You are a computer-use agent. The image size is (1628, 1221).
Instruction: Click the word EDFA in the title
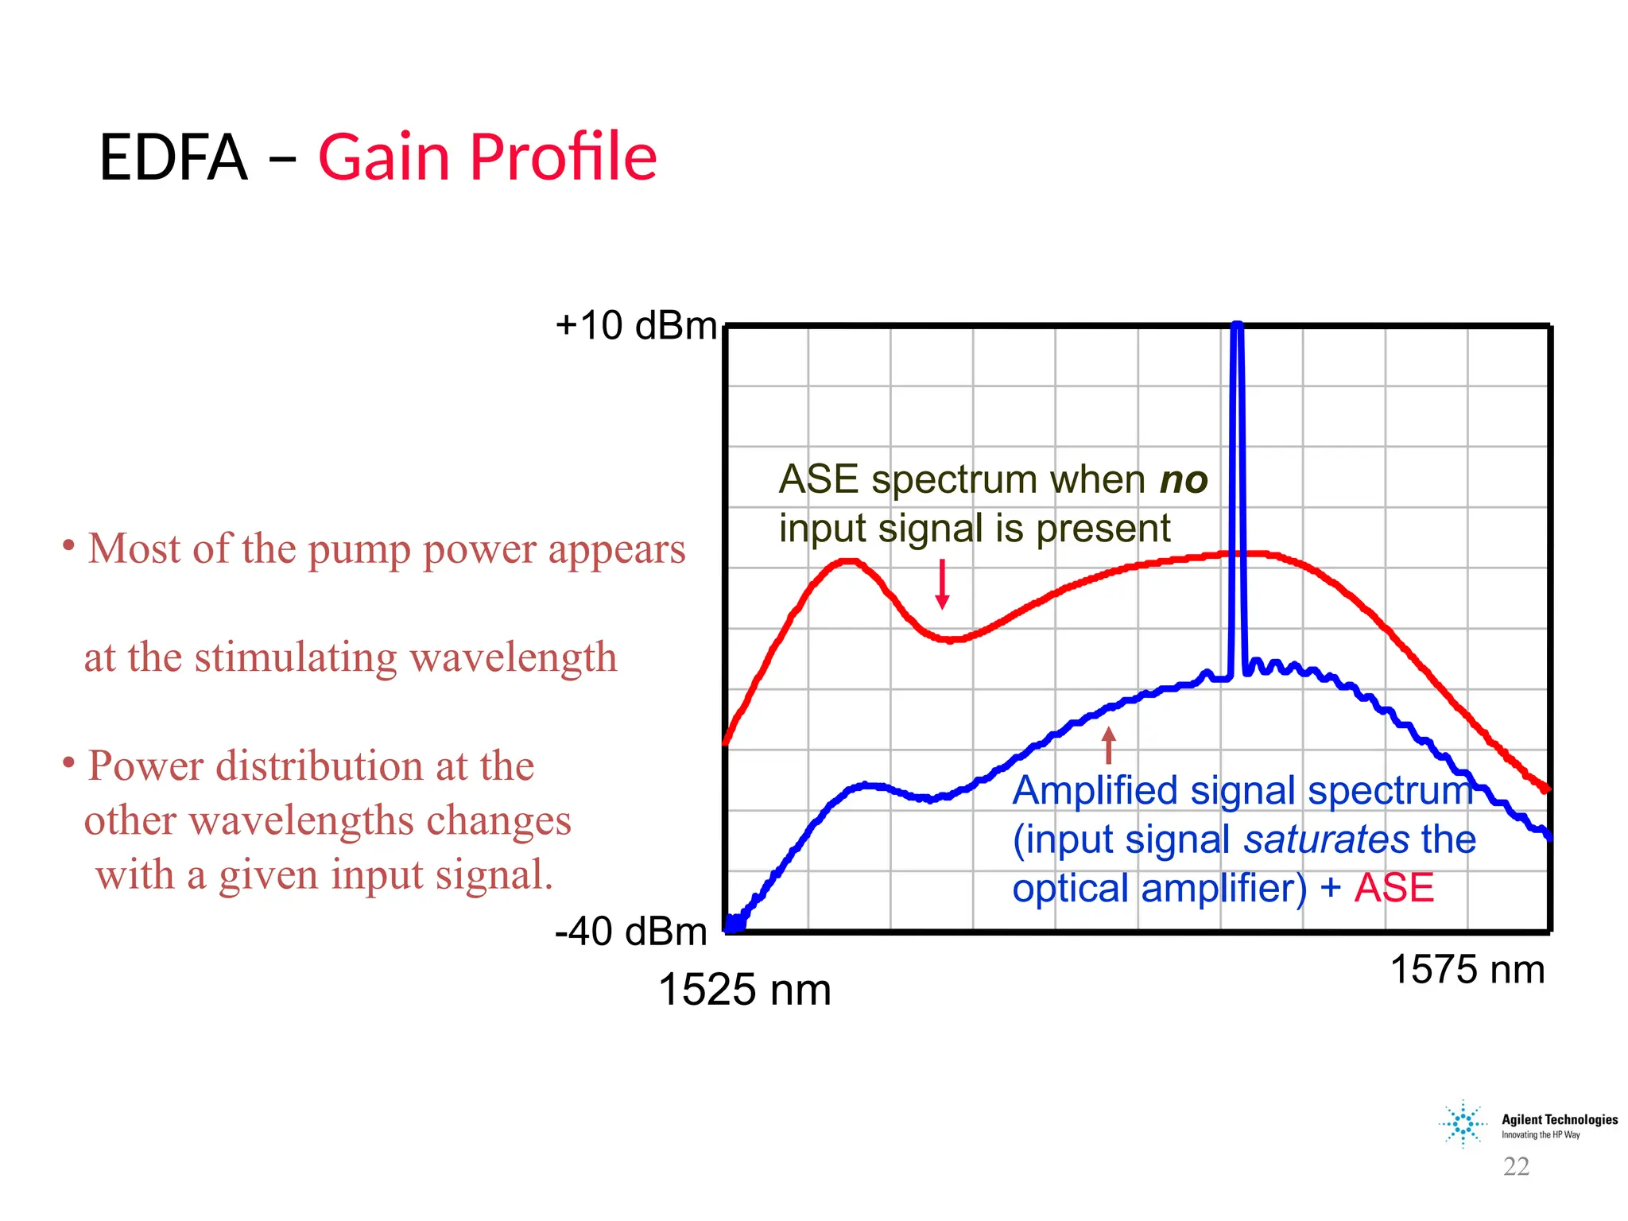(173, 157)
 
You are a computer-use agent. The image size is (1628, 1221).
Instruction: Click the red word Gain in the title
(385, 157)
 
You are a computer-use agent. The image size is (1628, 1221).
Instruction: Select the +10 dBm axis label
(636, 326)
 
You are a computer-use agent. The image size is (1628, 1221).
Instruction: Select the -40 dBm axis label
(631, 932)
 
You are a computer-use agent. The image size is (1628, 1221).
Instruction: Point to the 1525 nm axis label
(745, 990)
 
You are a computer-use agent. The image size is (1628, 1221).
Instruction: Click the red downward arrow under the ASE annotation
(942, 584)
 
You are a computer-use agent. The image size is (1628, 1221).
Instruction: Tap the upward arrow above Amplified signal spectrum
(1109, 745)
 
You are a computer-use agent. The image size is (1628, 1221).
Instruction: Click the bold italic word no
(1184, 480)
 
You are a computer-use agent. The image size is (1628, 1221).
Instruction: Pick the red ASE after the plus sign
(1394, 888)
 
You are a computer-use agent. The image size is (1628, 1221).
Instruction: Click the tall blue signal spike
(1237, 477)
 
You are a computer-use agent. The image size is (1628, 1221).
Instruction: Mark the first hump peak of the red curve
(849, 561)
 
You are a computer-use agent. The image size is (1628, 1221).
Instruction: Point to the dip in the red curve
(950, 639)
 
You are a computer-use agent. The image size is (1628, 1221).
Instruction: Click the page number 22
(1516, 1166)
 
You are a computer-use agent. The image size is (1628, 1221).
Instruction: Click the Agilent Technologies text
(1559, 1120)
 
